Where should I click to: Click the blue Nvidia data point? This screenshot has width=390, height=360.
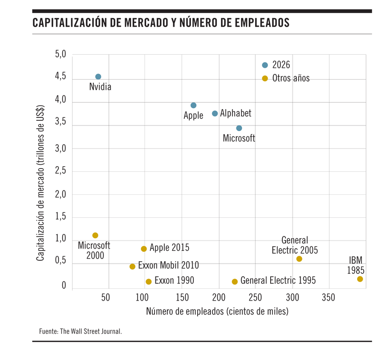click(98, 77)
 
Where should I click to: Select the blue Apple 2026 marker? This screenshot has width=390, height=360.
click(193, 105)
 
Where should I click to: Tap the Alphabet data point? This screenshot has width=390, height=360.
click(215, 114)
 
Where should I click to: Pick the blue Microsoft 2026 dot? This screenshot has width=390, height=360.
click(239, 128)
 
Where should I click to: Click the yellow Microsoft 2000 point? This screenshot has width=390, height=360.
click(95, 235)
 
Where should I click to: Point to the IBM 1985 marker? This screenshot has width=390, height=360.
click(360, 279)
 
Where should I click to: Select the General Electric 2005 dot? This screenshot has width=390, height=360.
click(299, 259)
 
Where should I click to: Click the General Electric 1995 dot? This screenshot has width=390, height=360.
click(235, 281)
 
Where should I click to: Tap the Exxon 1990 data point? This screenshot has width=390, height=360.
click(148, 282)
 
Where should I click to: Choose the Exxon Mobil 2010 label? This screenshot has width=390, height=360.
click(168, 265)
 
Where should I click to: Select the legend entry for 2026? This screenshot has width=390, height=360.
click(281, 65)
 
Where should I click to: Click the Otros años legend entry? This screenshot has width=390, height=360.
click(290, 79)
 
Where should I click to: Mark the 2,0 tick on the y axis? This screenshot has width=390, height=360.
click(60, 194)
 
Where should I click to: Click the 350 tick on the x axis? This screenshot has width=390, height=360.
click(329, 297)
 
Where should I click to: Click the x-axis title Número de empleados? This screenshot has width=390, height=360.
click(217, 311)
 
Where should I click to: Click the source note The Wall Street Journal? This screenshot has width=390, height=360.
click(81, 331)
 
